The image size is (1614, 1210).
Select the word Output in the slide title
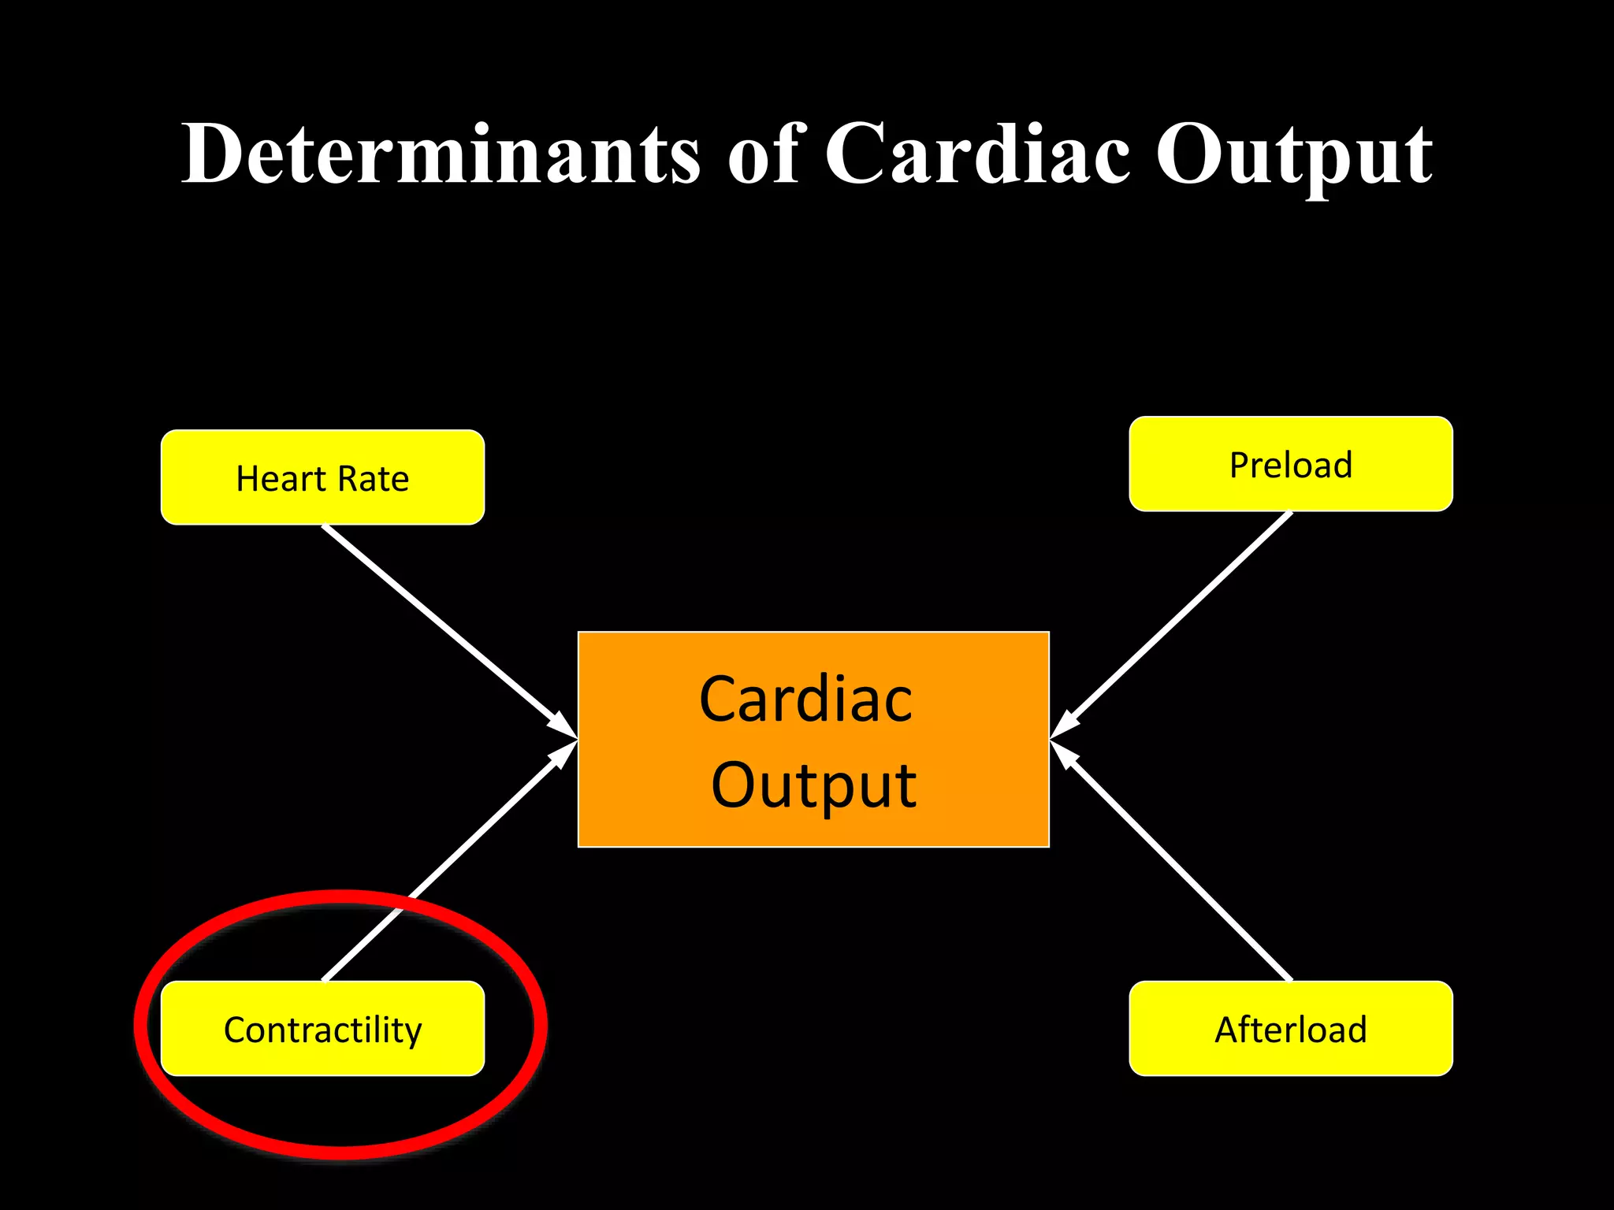(1293, 156)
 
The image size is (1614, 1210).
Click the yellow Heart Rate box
(322, 477)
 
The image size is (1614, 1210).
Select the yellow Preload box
(1290, 464)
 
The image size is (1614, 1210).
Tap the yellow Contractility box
(322, 1029)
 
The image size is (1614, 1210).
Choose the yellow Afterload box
(1290, 1029)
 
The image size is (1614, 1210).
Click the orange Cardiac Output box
(813, 739)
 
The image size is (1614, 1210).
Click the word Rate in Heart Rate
(374, 479)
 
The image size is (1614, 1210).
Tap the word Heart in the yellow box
(280, 479)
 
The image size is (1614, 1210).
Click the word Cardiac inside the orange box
(805, 699)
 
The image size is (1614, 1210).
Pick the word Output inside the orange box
(813, 785)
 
